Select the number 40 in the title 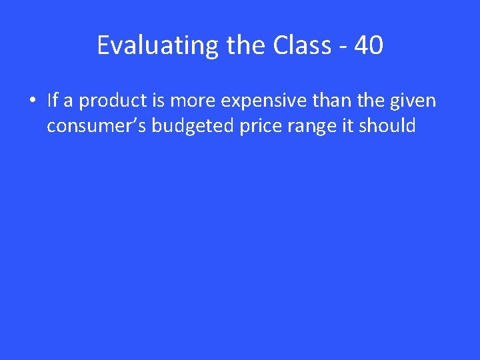(x=368, y=45)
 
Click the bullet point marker (x=33, y=101)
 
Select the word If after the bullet (x=53, y=101)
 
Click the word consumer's (x=96, y=126)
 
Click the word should (x=389, y=125)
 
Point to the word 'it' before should (x=349, y=125)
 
